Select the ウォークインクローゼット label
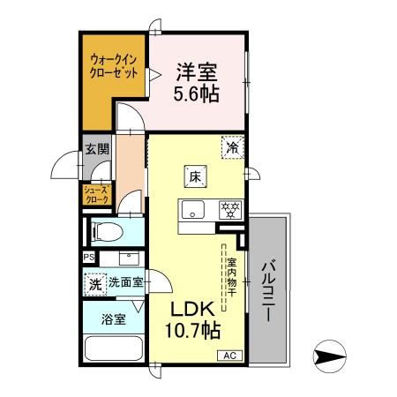click(114, 67)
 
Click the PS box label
click(87, 257)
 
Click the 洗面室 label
click(125, 284)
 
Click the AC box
click(228, 356)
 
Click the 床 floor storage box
click(196, 176)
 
